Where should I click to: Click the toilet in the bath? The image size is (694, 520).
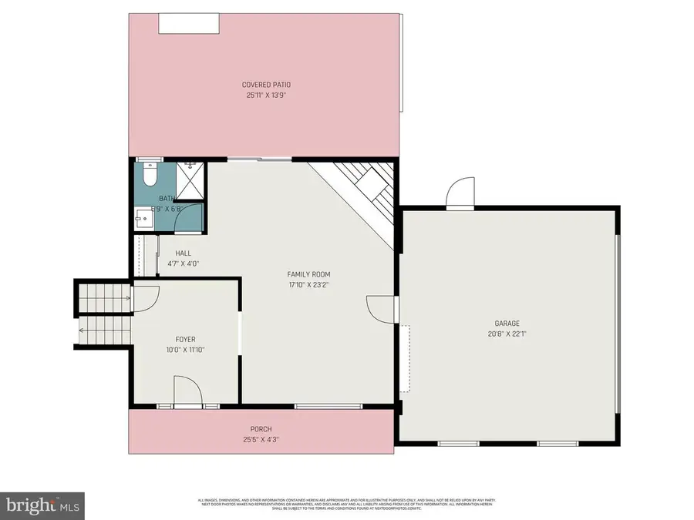[150, 175]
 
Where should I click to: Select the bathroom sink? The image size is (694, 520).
[143, 219]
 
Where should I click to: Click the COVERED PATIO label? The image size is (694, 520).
[266, 85]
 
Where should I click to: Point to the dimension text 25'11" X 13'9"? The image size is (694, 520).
[266, 96]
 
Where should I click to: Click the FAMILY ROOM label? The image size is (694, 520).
[308, 274]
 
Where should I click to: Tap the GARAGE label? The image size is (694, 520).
[507, 324]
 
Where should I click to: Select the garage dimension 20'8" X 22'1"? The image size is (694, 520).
[507, 334]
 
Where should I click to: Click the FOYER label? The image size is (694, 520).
[185, 339]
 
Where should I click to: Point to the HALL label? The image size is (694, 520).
[183, 253]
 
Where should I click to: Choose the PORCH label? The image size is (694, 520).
[261, 429]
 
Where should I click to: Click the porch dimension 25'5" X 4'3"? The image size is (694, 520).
[261, 440]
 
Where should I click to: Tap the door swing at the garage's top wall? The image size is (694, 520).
[460, 193]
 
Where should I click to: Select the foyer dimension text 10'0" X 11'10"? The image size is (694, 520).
[185, 349]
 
